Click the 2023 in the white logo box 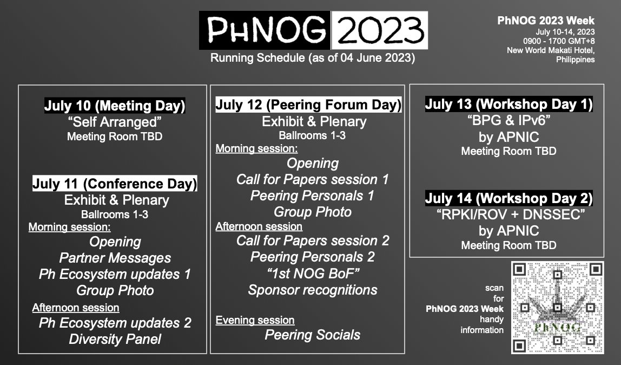pyautogui.click(x=379, y=30)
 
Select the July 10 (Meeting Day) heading pyautogui.click(x=114, y=106)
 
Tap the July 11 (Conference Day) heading pyautogui.click(x=114, y=184)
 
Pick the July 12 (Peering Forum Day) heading pyautogui.click(x=308, y=105)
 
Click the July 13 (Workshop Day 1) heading pyautogui.click(x=508, y=104)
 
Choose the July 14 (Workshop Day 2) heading pyautogui.click(x=508, y=198)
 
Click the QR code pyautogui.click(x=557, y=308)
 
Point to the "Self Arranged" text pyautogui.click(x=114, y=122)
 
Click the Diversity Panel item pyautogui.click(x=114, y=340)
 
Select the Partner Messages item pyautogui.click(x=115, y=258)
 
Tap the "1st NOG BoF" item pyautogui.click(x=312, y=273)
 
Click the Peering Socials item pyautogui.click(x=312, y=335)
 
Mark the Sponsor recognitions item pyautogui.click(x=312, y=290)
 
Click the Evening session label pyautogui.click(x=255, y=320)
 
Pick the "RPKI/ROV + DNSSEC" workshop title pyautogui.click(x=508, y=214)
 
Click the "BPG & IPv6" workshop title pyautogui.click(x=508, y=121)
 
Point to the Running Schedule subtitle pyautogui.click(x=312, y=57)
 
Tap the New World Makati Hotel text pyautogui.click(x=551, y=50)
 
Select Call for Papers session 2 pyautogui.click(x=312, y=240)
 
